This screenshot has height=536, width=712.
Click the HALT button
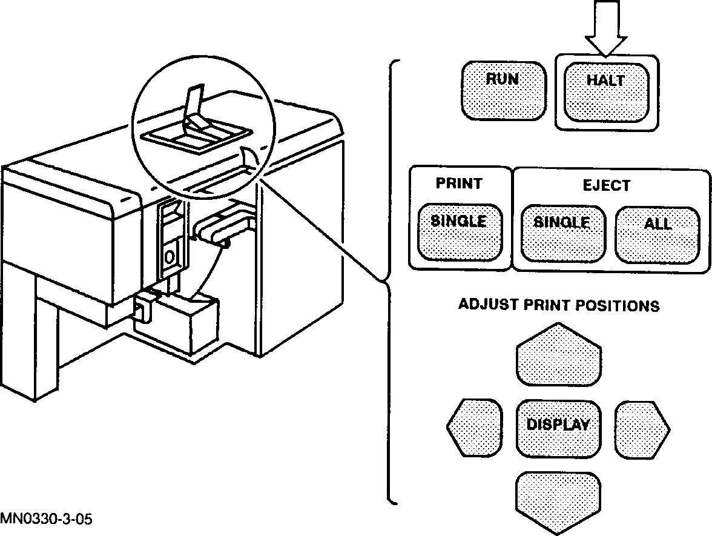tap(605, 91)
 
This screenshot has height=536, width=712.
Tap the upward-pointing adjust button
tap(558, 357)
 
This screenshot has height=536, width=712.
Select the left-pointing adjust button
tap(476, 427)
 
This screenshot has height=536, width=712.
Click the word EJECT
tap(606, 185)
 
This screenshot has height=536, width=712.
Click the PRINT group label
tap(459, 183)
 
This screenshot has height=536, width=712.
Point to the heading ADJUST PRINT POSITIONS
tap(558, 305)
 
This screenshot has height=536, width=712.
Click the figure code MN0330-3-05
tap(47, 519)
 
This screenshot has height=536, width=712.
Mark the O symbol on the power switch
tap(170, 257)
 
